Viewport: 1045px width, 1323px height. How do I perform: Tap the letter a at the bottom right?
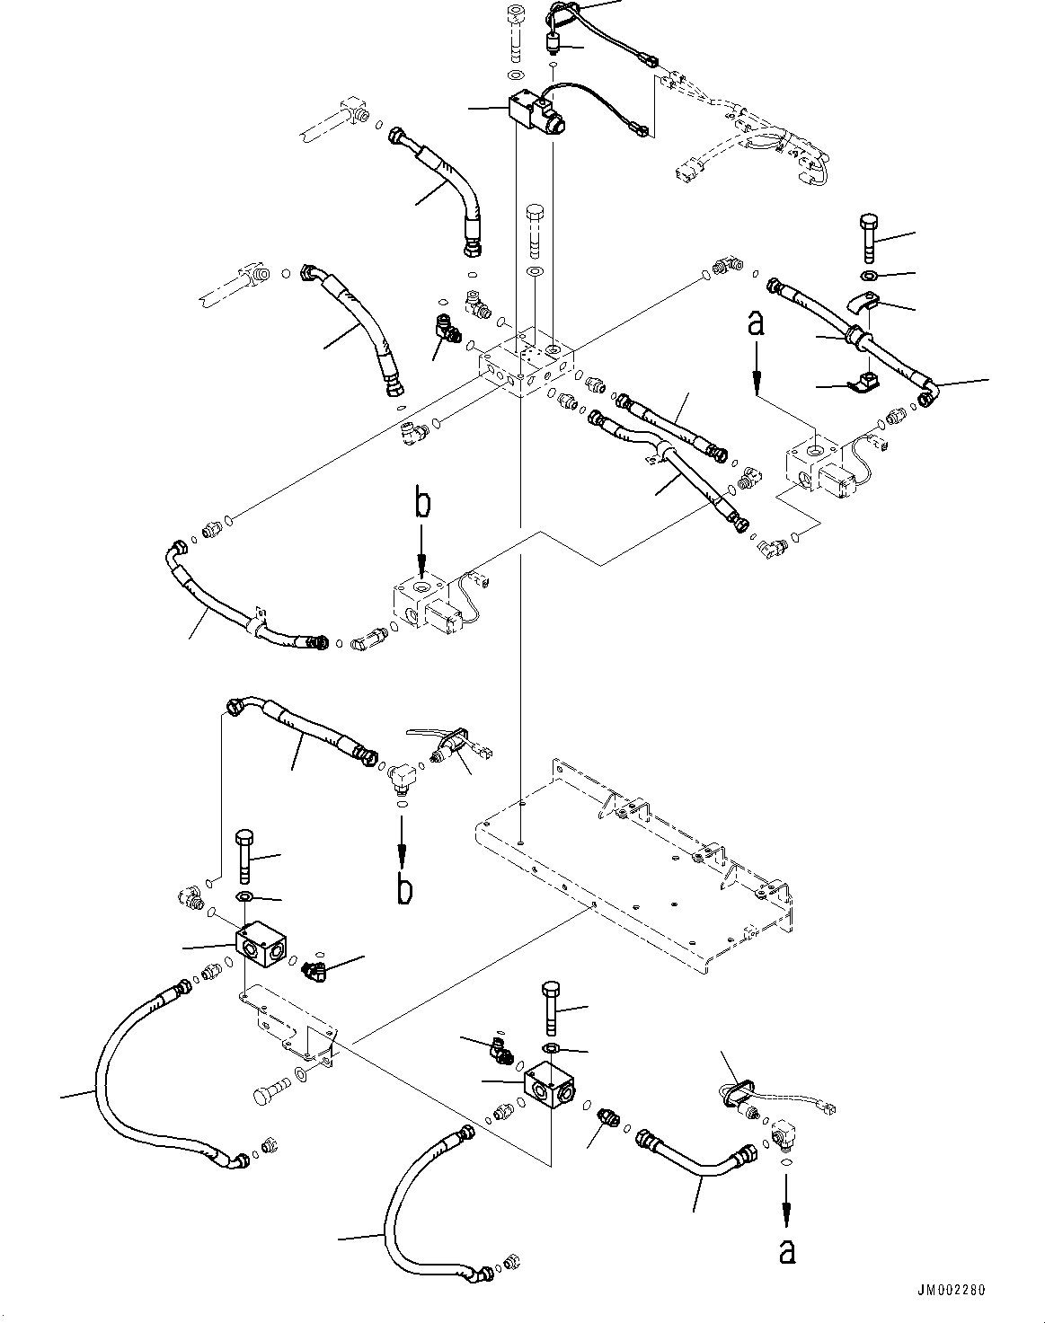tap(787, 1251)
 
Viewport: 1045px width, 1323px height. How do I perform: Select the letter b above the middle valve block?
tap(421, 504)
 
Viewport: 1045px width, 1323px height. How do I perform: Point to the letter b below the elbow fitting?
tap(404, 889)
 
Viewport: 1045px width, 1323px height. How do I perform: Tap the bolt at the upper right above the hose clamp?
tap(868, 237)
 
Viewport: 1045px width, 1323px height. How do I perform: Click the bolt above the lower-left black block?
tap(244, 858)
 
